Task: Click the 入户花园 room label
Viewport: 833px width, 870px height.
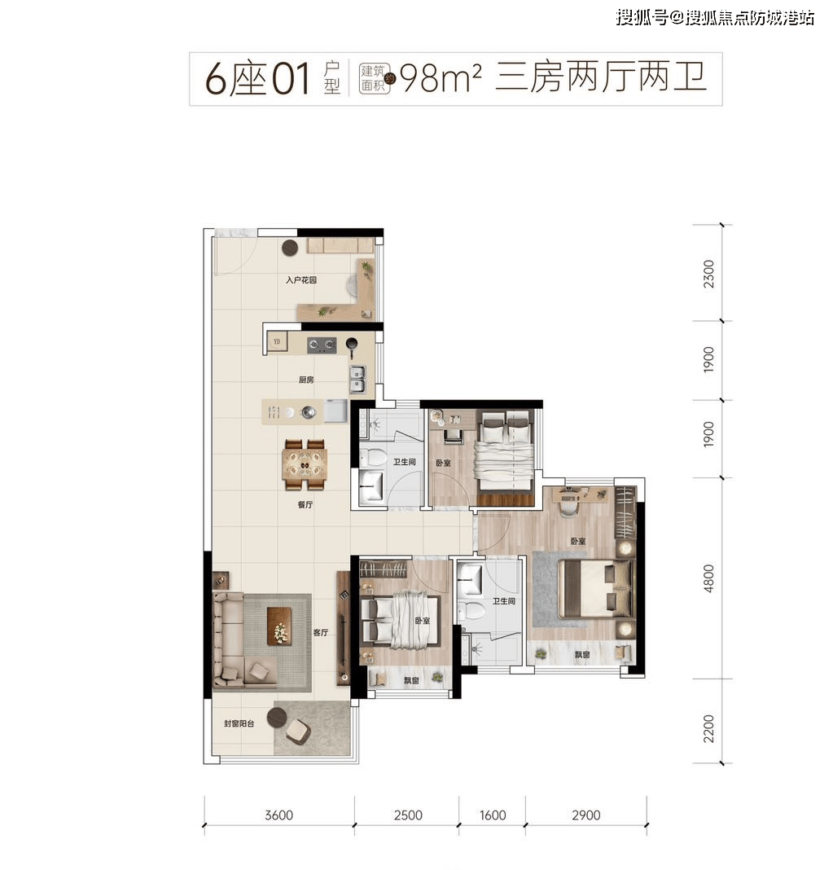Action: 300,279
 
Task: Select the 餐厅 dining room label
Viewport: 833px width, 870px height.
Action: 305,505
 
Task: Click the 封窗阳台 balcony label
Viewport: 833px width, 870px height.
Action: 239,723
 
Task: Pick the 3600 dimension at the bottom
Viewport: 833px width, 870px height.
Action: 278,815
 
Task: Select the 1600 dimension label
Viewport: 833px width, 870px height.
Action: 492,815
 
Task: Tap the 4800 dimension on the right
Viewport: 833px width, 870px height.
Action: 708,578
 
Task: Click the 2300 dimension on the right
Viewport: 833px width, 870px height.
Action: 708,273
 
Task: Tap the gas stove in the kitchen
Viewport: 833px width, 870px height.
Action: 322,345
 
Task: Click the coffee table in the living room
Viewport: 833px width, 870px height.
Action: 279,624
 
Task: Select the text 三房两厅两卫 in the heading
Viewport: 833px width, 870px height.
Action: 599,78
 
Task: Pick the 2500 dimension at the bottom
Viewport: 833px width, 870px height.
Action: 407,815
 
